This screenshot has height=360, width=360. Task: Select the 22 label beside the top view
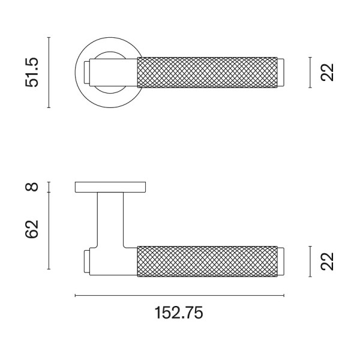pyautogui.click(x=327, y=73)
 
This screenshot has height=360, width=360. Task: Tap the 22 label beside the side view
pyautogui.click(x=327, y=262)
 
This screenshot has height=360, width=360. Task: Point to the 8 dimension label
pyautogui.click(x=33, y=187)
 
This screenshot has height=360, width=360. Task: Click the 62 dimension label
pyautogui.click(x=32, y=229)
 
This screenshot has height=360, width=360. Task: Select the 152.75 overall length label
pyautogui.click(x=179, y=313)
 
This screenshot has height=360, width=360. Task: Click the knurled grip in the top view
pyautogui.click(x=207, y=73)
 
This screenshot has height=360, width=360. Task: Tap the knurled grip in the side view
pyautogui.click(x=207, y=262)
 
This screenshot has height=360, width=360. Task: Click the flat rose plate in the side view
pyautogui.click(x=111, y=187)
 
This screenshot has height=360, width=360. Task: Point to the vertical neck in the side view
pyautogui.click(x=111, y=219)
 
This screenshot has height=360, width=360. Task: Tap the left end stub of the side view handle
pyautogui.click(x=87, y=262)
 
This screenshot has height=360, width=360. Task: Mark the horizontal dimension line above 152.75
pyautogui.click(x=179, y=295)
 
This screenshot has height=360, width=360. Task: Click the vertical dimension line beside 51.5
pyautogui.click(x=49, y=73)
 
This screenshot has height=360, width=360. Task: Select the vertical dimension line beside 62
pyautogui.click(x=49, y=231)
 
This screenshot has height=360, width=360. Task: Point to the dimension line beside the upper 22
pyautogui.click(x=310, y=73)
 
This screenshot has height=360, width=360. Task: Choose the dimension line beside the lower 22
pyautogui.click(x=310, y=262)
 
